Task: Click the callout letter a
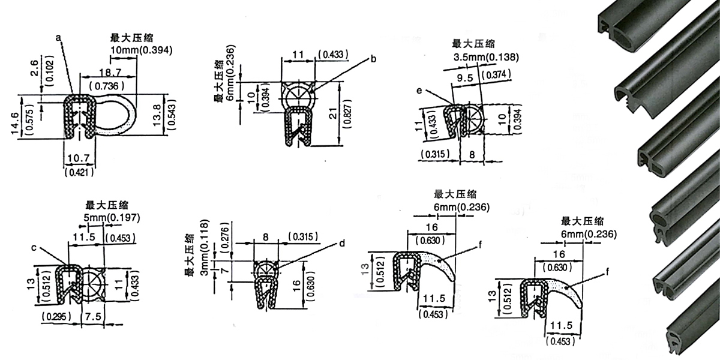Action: [x=58, y=38]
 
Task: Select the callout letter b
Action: [x=373, y=59]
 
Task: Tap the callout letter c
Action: [x=34, y=248]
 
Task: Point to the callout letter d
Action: [x=342, y=244]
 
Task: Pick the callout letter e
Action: [x=419, y=91]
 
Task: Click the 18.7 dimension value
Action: [x=110, y=73]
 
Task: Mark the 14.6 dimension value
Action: [x=14, y=123]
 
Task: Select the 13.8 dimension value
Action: [x=157, y=115]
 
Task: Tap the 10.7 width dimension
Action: [x=79, y=158]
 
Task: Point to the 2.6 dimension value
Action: [x=34, y=68]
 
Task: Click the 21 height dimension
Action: [x=334, y=113]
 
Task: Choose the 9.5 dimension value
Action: [x=465, y=78]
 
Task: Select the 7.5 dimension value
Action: [x=93, y=317]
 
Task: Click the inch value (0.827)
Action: [x=348, y=114]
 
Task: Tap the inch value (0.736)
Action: [x=107, y=86]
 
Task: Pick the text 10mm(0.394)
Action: [x=142, y=50]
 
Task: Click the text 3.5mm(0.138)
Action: [x=487, y=58]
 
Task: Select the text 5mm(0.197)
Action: [x=112, y=218]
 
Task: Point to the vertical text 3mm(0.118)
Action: [x=205, y=247]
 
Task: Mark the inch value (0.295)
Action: [x=56, y=317]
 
